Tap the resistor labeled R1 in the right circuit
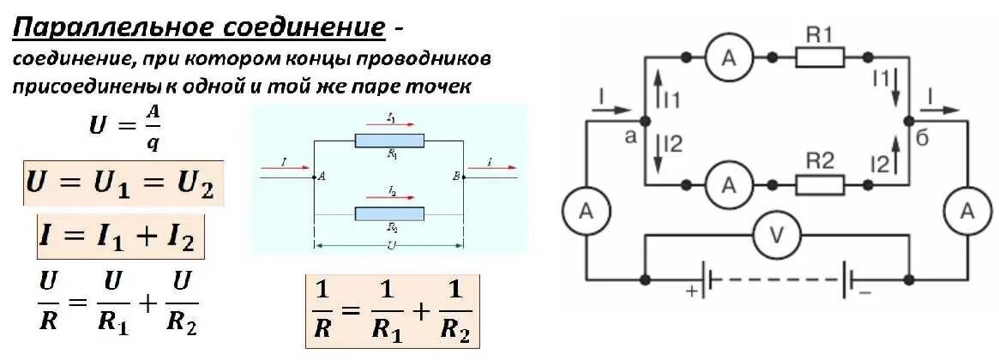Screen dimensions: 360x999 (x=820, y=57)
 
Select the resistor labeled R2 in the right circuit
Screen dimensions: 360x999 (x=820, y=183)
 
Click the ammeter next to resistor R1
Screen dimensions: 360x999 (x=728, y=57)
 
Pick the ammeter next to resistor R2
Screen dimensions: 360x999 (x=728, y=183)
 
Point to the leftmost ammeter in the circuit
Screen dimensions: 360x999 (x=586, y=211)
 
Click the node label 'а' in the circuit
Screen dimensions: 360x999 (x=631, y=136)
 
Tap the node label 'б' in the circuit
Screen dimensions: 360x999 (x=923, y=140)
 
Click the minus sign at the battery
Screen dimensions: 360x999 (x=864, y=292)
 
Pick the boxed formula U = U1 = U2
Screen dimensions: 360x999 (x=123, y=183)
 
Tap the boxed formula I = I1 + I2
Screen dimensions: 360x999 (x=121, y=236)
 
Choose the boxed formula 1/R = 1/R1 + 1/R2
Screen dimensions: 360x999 (x=393, y=311)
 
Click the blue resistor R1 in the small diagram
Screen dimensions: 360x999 (x=388, y=141)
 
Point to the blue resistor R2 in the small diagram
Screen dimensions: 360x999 (x=388, y=213)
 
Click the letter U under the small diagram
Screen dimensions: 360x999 (x=390, y=245)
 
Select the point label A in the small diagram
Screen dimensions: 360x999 (x=322, y=177)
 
